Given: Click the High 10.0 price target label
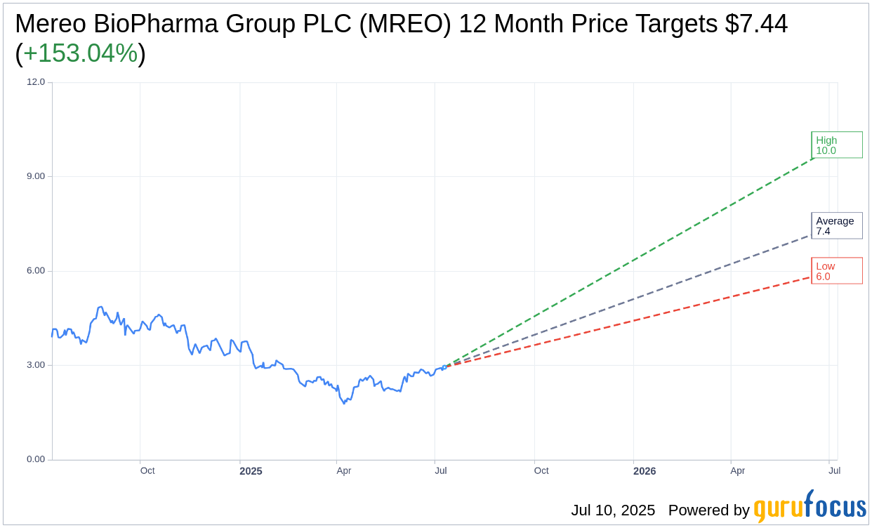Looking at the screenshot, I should (836, 145).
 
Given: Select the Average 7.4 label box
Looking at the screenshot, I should (836, 225).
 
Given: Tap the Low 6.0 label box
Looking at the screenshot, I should (836, 271).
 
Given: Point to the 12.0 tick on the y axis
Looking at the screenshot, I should (36, 82).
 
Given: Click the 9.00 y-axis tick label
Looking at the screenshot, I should (35, 176).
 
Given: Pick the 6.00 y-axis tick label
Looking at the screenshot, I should (35, 271).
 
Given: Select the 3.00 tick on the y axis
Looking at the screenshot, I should (35, 365).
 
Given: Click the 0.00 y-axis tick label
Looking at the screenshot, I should (35, 459).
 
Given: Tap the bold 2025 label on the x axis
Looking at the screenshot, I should (251, 471).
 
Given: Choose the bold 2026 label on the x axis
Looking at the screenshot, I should (645, 471).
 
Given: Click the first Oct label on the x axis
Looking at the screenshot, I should (147, 470).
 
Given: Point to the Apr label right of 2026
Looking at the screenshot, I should (737, 470).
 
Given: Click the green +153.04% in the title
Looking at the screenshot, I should (80, 53).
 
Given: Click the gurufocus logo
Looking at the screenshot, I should (810, 508).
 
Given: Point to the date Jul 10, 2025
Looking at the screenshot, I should (613, 510).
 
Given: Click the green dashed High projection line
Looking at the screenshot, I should (632, 261).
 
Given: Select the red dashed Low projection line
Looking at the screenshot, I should (632, 320).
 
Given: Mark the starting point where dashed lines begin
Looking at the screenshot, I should (444, 367).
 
